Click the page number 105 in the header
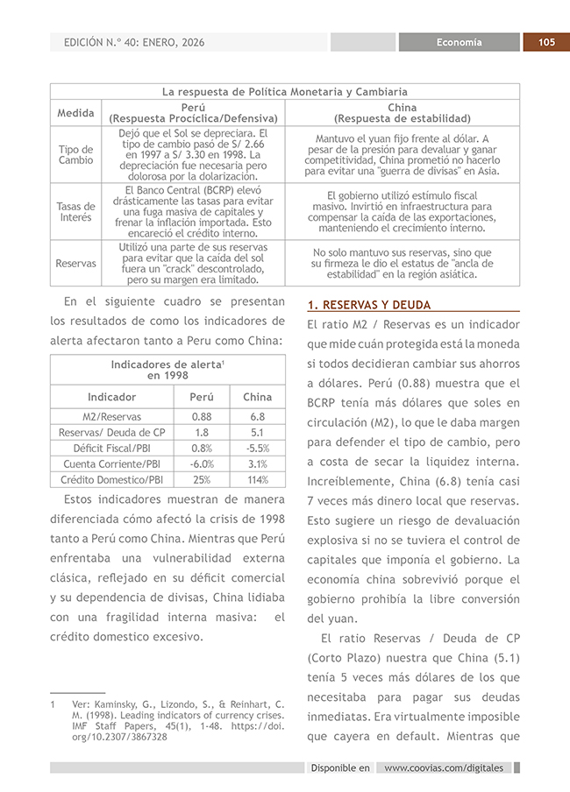pos(546,42)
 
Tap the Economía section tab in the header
pos(460,42)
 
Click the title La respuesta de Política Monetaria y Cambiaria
pos(285,91)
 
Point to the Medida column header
pos(75,113)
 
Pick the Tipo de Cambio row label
pos(75,155)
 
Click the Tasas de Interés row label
pos(75,211)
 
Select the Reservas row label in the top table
pos(75,263)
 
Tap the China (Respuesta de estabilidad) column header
pos(402,113)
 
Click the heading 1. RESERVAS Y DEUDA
pos(369,305)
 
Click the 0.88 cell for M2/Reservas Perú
pos(202,417)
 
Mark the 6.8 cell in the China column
pos(257,417)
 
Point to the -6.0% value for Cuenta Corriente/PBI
pos(202,463)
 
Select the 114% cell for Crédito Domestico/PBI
pos(257,479)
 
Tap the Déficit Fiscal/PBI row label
pos(111,448)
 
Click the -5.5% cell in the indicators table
pos(257,448)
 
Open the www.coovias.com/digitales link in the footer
pos(444,767)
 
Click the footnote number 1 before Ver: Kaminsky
pos(53,704)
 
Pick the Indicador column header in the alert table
pos(111,397)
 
